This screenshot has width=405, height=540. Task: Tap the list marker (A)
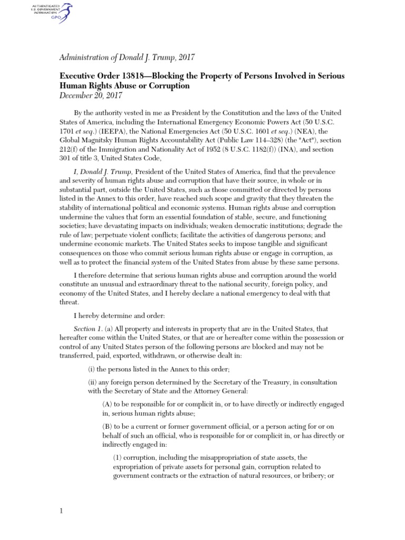[x=107, y=404]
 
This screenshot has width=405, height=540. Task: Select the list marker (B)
[x=107, y=427]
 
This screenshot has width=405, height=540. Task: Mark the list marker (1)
[x=120, y=458]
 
